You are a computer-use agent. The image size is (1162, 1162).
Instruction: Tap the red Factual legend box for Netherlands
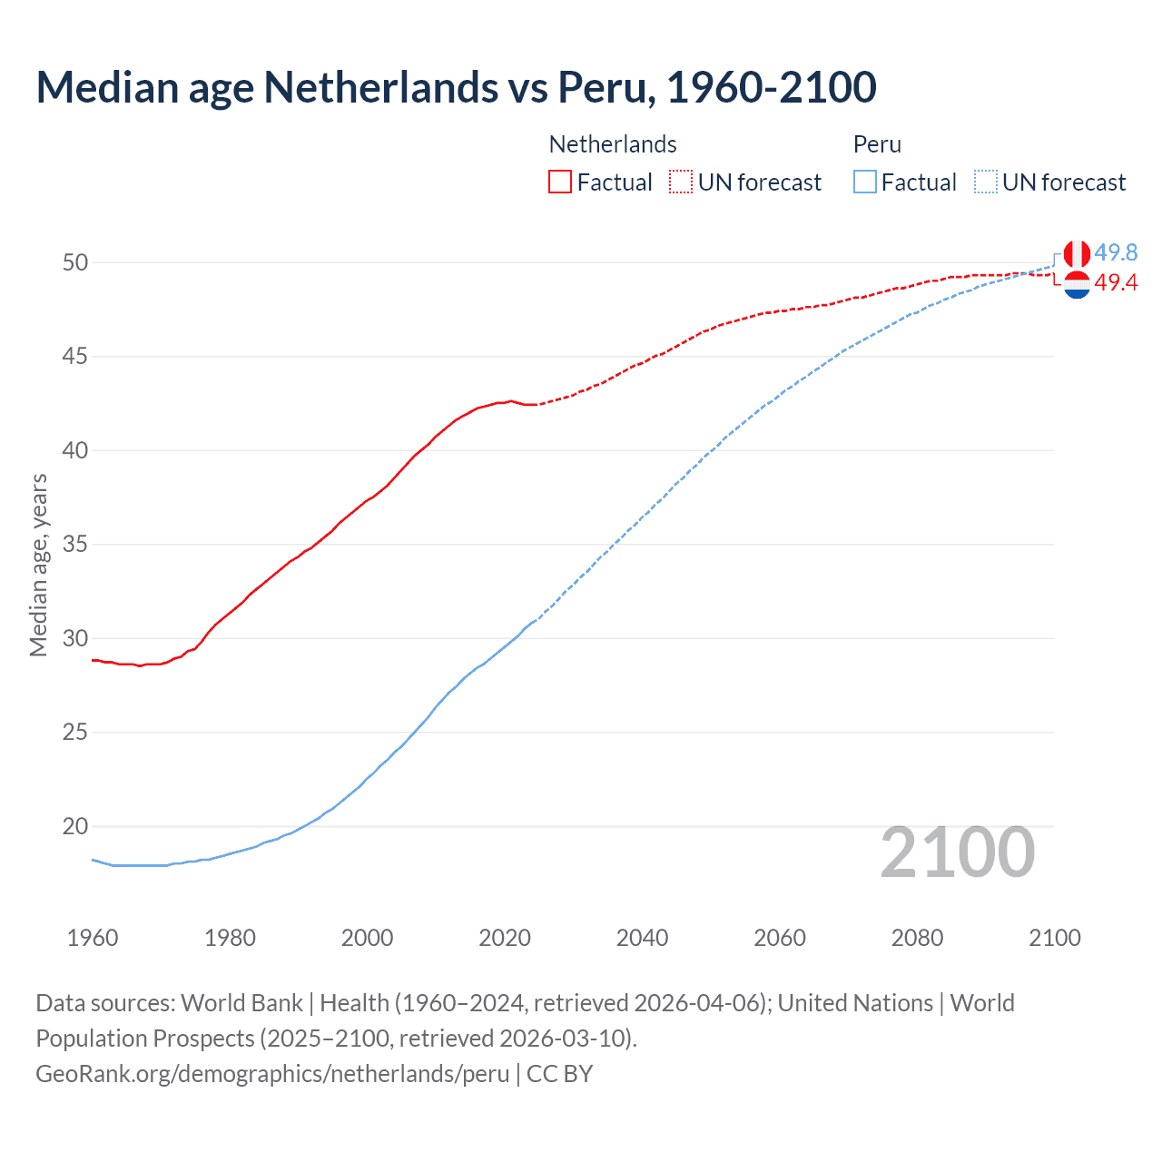pyautogui.click(x=560, y=182)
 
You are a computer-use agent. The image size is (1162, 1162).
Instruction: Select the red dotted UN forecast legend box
pyautogui.click(x=681, y=182)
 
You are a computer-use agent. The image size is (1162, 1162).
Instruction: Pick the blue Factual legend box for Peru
pyautogui.click(x=865, y=182)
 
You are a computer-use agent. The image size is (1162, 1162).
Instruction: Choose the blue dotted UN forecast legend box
pyautogui.click(x=986, y=182)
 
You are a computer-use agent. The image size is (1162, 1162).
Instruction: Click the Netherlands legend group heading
pyautogui.click(x=613, y=144)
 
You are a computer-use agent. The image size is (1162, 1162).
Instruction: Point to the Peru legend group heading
pyautogui.click(x=877, y=144)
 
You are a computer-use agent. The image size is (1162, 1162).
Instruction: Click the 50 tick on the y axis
pyautogui.click(x=75, y=262)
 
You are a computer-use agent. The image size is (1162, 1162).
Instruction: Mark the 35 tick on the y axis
pyautogui.click(x=75, y=545)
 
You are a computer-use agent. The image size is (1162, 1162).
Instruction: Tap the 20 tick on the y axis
pyautogui.click(x=75, y=826)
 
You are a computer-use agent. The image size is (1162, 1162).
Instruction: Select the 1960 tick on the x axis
pyautogui.click(x=93, y=938)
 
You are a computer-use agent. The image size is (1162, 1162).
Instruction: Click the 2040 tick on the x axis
pyautogui.click(x=642, y=938)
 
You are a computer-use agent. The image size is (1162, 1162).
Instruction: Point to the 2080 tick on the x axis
pyautogui.click(x=917, y=938)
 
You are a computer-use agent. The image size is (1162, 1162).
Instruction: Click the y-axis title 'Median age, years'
pyautogui.click(x=38, y=565)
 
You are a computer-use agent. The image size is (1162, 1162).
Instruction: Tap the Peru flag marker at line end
pyautogui.click(x=1077, y=254)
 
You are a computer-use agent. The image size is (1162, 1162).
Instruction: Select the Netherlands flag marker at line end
pyautogui.click(x=1077, y=285)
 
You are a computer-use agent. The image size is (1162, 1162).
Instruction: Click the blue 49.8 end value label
pyautogui.click(x=1116, y=252)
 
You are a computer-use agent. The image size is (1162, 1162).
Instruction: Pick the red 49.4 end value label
pyautogui.click(x=1116, y=283)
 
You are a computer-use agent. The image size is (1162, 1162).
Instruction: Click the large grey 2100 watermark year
pyautogui.click(x=958, y=852)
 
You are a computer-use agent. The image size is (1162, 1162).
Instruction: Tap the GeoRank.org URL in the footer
pyautogui.click(x=272, y=1074)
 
